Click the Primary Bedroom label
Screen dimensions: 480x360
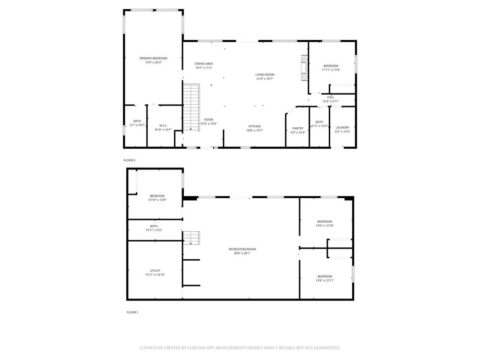[x=154, y=58]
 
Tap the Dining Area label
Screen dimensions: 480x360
[x=204, y=64]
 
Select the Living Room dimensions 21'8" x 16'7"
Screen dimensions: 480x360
[x=265, y=79]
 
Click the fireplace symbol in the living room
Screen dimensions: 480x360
[x=304, y=68]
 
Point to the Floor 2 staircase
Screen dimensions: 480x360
[x=192, y=107]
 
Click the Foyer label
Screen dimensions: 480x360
[x=208, y=120]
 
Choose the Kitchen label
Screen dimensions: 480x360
[x=254, y=126]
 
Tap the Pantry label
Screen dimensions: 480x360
[x=298, y=128]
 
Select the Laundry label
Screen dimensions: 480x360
[x=342, y=127]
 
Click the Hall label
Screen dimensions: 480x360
[x=331, y=97]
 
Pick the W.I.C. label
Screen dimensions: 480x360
[x=163, y=125]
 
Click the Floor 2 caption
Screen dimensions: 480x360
[x=130, y=160]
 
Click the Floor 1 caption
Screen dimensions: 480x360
[x=132, y=312]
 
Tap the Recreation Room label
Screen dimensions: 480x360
[x=242, y=249]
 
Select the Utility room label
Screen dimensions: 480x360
[x=155, y=271]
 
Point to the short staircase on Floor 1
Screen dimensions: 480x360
[x=192, y=238]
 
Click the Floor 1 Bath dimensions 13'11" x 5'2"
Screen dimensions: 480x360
[x=154, y=230]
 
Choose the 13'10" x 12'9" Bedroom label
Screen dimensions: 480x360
[x=157, y=196]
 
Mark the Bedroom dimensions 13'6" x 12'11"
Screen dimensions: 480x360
[x=325, y=280]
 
